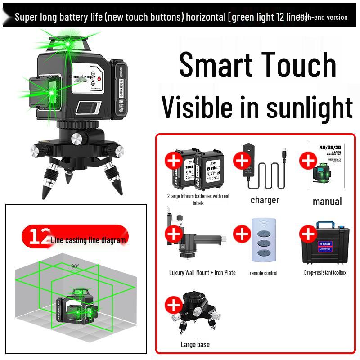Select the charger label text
tap(265, 200)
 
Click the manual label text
tap(327, 202)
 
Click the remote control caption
tap(263, 273)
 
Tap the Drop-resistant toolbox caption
tap(325, 272)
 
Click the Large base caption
tap(195, 344)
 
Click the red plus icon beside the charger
tap(242, 160)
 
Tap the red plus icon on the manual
tap(308, 160)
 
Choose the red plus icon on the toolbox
tap(308, 234)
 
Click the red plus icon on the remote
tap(242, 234)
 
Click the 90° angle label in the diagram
tap(75, 266)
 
